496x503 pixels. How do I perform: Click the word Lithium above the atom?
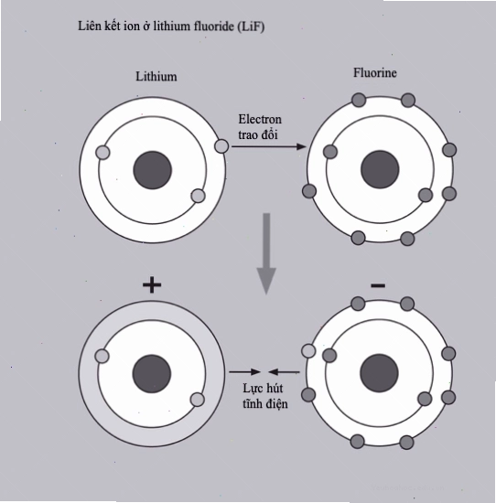156,76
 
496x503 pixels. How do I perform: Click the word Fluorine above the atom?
375,72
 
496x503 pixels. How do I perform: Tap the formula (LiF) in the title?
251,27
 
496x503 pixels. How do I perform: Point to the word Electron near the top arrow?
260,119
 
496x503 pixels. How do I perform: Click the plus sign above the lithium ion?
152,285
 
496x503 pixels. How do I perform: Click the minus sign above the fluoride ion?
378,285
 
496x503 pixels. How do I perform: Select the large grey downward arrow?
266,253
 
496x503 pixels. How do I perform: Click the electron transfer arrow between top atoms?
269,146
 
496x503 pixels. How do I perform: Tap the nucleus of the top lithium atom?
153,170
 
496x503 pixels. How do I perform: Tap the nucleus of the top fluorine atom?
380,170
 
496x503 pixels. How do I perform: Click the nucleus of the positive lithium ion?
152,374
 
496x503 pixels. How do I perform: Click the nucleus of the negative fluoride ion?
379,373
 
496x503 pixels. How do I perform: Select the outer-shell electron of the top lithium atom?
221,146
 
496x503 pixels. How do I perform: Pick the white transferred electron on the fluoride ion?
308,350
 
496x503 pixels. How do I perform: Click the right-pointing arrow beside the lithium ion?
244,372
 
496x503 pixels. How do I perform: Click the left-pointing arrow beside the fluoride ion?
284,372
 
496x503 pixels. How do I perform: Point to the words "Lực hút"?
263,389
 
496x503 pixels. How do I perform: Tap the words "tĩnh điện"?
265,403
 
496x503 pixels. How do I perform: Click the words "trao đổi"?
258,134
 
